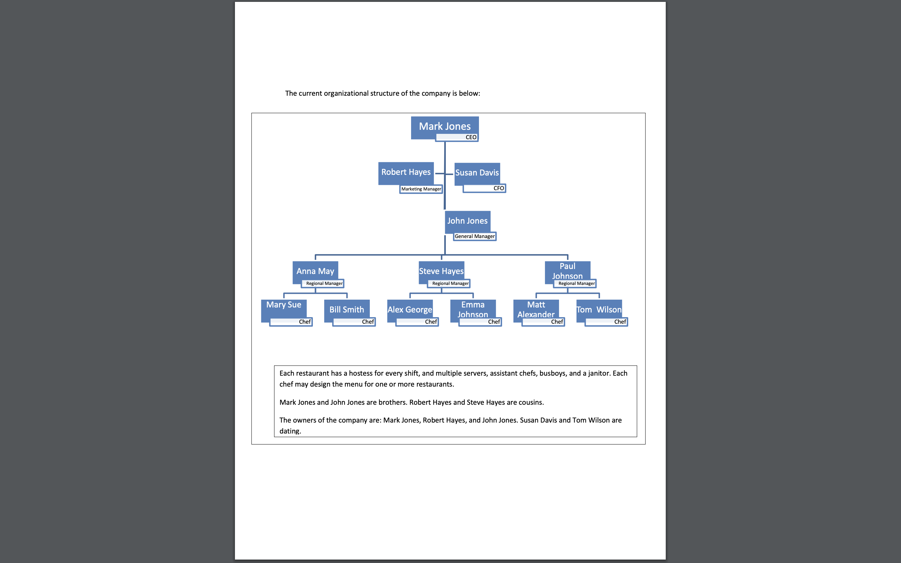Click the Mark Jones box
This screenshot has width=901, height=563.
point(445,127)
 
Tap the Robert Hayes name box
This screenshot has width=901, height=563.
point(406,172)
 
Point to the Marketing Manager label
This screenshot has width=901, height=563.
point(421,189)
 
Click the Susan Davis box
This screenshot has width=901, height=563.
point(477,173)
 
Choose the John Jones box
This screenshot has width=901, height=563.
point(467,221)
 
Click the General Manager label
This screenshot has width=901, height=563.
point(475,236)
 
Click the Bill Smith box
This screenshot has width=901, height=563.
point(347,309)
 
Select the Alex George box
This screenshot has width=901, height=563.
point(410,309)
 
